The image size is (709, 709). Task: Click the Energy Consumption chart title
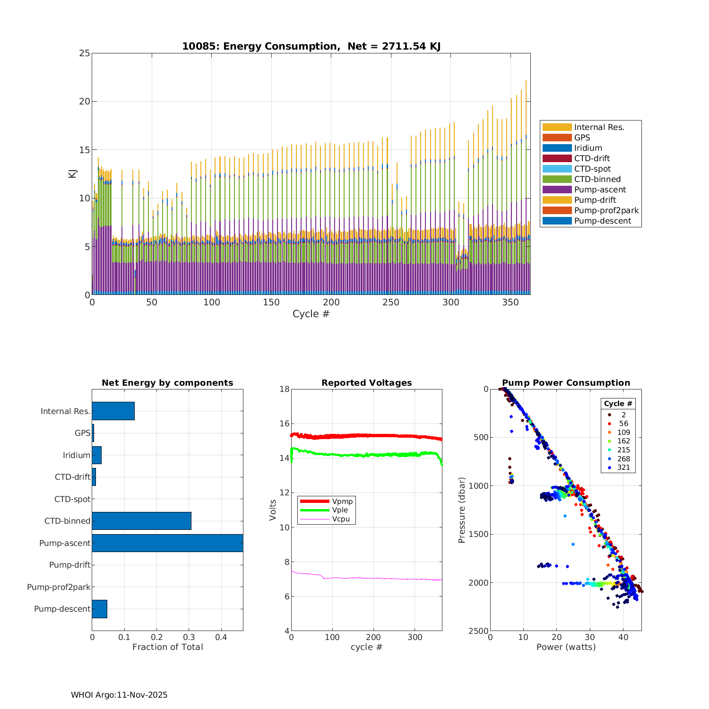(311, 46)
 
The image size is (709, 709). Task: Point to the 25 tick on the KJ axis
(85, 53)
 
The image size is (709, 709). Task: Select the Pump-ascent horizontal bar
(167, 543)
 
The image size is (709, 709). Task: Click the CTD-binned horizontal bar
(141, 521)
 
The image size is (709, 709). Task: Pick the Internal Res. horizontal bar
(113, 411)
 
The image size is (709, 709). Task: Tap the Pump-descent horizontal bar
(99, 609)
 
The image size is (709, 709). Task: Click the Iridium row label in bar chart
(76, 455)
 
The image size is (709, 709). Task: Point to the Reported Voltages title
(366, 383)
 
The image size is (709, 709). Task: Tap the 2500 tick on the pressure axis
(479, 631)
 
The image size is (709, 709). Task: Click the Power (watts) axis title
(566, 647)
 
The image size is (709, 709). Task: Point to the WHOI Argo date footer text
(119, 695)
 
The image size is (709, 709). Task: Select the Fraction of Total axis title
(167, 647)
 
